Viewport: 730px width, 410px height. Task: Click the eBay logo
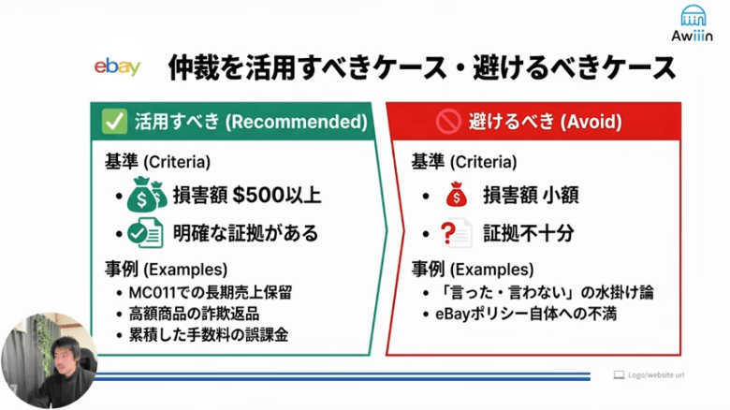click(118, 66)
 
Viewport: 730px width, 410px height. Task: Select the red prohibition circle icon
click(447, 122)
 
